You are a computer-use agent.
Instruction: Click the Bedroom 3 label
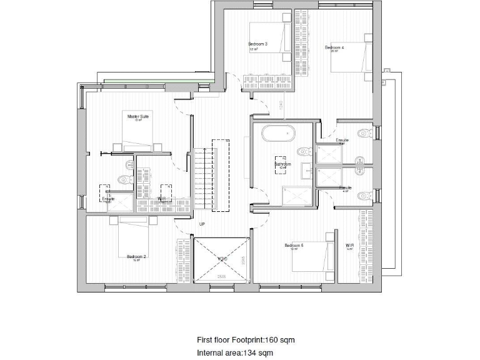[258, 44]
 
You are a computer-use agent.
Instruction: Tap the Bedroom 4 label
[334, 47]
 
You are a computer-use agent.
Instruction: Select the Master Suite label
[138, 116]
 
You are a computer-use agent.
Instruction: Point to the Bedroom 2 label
[136, 256]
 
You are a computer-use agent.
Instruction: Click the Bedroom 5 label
[294, 246]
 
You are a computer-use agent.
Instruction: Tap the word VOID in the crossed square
[222, 258]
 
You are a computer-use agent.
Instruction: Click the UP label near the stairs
[202, 223]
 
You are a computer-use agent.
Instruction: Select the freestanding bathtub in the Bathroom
[278, 134]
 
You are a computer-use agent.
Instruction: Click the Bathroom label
[282, 164]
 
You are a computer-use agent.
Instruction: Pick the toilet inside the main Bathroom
[303, 151]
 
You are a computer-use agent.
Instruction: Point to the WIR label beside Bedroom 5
[350, 246]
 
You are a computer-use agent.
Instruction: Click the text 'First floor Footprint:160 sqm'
[245, 340]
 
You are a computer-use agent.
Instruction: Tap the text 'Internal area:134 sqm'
[234, 353]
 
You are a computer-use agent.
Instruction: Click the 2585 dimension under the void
[221, 276]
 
